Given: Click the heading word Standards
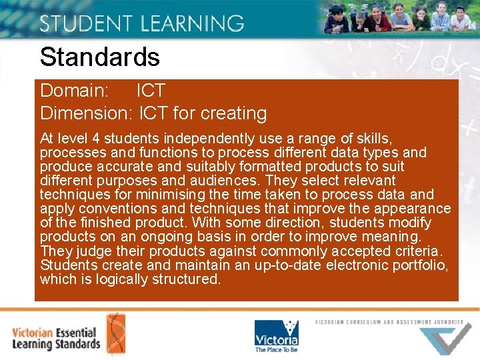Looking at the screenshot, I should click(x=100, y=57).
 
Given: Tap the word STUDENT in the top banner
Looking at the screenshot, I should click(x=83, y=23).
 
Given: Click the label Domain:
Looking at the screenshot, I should click(x=75, y=91).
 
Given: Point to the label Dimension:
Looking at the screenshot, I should click(x=86, y=113).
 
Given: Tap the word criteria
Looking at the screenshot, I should click(x=419, y=251).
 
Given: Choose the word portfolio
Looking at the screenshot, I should click(x=424, y=265).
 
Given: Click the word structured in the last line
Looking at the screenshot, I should click(x=185, y=279).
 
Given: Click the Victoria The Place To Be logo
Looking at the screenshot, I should click(x=276, y=335).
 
